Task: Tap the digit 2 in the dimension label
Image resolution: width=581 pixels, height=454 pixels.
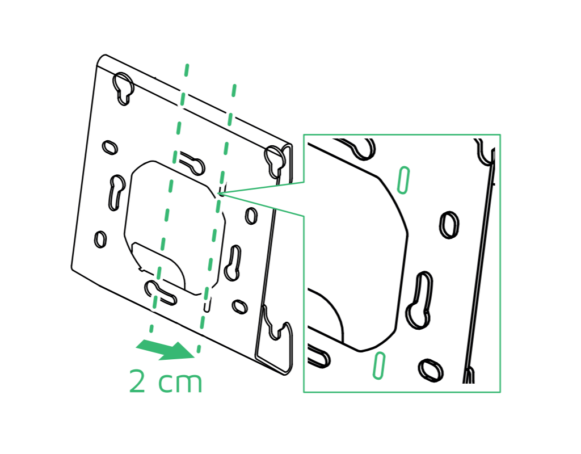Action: [137, 381]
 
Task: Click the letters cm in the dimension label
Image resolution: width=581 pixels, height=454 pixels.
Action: [180, 383]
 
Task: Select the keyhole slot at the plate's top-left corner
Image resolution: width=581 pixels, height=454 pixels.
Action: [123, 88]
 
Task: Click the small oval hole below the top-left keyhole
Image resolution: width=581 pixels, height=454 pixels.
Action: [110, 148]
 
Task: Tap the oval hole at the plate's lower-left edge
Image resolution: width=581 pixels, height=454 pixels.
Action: [100, 239]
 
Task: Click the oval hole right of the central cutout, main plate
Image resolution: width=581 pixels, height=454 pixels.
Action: [251, 216]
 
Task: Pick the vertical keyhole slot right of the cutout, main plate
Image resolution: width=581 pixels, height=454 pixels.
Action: [233, 262]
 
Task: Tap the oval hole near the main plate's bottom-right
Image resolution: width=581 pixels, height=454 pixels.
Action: [240, 306]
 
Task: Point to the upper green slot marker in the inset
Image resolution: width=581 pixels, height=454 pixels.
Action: [403, 180]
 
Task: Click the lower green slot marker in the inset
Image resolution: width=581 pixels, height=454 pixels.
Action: [378, 365]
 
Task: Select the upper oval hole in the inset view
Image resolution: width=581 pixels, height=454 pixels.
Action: [449, 225]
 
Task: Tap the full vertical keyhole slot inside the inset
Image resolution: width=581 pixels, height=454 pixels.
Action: [420, 300]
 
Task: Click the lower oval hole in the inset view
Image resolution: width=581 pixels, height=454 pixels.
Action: [431, 370]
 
